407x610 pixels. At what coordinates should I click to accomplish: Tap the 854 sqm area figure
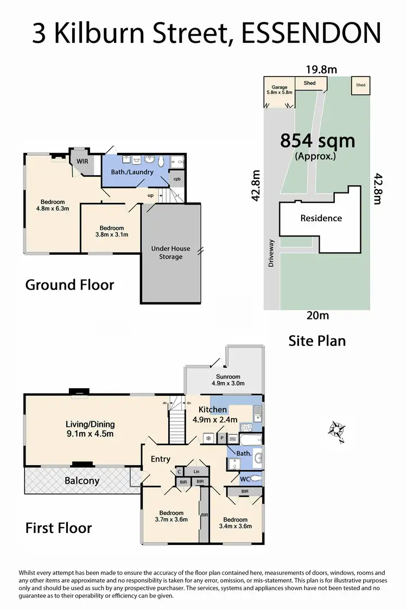pos(317,141)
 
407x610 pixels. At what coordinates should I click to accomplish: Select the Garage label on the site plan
pos(279,87)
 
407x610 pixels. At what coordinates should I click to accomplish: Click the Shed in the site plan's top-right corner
pos(360,85)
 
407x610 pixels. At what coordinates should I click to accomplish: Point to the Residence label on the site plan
pos(321,218)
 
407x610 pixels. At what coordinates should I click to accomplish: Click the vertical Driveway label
pos(271,252)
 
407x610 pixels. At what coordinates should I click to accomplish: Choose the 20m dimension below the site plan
pos(317,316)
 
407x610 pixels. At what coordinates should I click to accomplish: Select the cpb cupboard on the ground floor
pos(177,178)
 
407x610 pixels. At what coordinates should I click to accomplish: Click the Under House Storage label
pos(170,253)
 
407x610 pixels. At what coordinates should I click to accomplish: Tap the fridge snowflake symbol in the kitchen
pos(207,438)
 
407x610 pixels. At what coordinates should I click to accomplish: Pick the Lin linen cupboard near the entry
pos(196,472)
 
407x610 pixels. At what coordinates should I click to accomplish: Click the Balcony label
pos(82,480)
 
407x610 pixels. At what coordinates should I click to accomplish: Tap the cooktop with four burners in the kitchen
pos(245,427)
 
